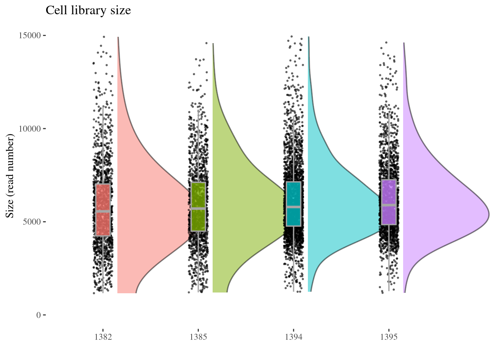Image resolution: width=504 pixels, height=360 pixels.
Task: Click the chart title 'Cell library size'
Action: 88,10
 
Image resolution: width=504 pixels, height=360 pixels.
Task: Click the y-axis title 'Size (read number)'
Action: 10,177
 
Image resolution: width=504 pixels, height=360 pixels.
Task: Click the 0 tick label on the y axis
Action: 38,315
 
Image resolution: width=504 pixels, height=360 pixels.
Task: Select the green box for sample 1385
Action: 198,195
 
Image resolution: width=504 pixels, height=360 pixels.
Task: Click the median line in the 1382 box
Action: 103,211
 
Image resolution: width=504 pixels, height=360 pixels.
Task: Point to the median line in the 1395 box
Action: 389,205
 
